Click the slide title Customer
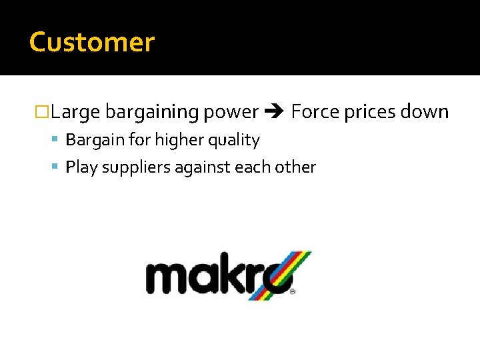[92, 42]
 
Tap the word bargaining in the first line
[152, 112]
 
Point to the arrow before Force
[275, 112]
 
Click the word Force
[315, 111]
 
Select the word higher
[176, 140]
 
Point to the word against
[203, 167]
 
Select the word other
[295, 167]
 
